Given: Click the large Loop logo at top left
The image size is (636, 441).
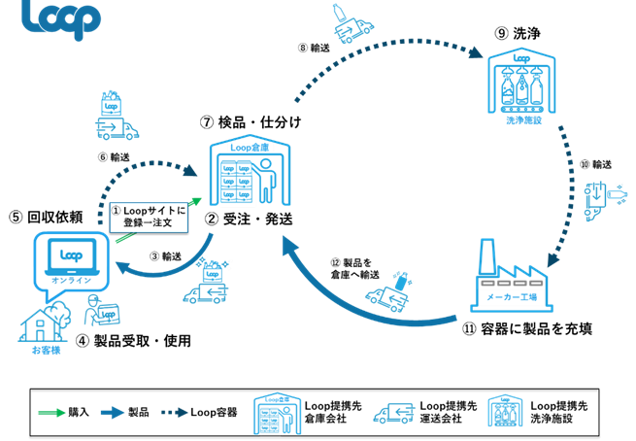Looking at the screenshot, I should (x=60, y=19).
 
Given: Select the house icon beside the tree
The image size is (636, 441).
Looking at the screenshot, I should (x=40, y=324).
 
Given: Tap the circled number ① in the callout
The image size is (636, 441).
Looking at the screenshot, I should (x=116, y=209).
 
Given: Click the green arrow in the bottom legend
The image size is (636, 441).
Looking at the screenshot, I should (x=51, y=413).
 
